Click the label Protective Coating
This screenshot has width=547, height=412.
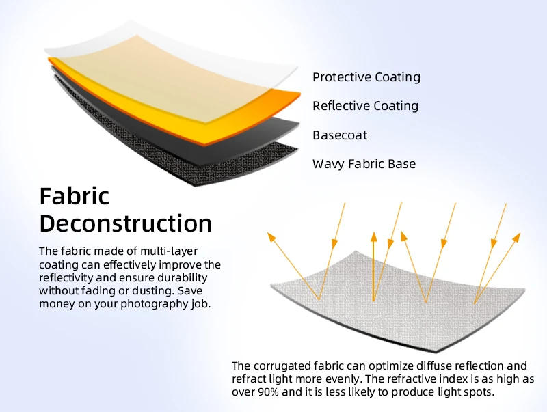tap(366, 77)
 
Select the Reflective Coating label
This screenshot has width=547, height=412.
tap(365, 106)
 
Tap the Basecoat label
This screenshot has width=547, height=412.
tap(340, 135)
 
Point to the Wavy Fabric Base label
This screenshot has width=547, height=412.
tap(364, 164)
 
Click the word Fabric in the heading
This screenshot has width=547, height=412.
tap(75, 196)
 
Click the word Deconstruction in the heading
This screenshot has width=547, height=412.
tap(126, 223)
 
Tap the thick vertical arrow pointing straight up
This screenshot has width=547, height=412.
tap(373, 266)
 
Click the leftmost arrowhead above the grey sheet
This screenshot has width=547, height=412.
tap(271, 237)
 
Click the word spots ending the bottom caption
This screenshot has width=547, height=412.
tap(477, 392)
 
